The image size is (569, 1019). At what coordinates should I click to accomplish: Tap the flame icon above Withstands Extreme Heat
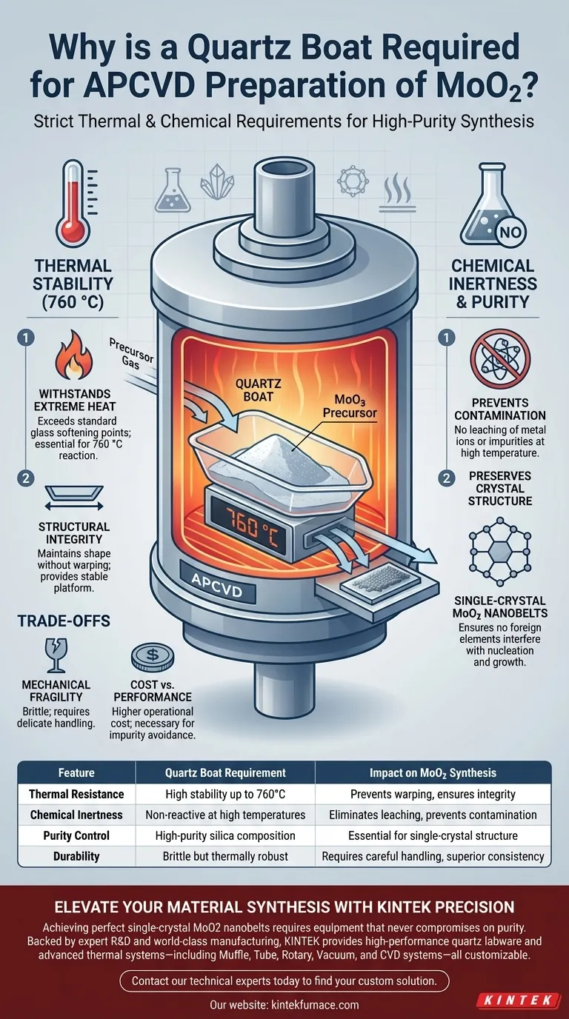click(x=74, y=355)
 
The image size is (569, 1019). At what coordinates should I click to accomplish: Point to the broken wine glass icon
click(x=56, y=655)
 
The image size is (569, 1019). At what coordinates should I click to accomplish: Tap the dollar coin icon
click(x=153, y=656)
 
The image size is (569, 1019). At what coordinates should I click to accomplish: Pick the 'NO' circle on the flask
click(x=510, y=233)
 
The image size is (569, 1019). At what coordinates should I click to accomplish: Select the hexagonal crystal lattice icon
click(x=500, y=552)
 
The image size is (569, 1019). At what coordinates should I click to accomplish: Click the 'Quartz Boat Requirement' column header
click(x=225, y=772)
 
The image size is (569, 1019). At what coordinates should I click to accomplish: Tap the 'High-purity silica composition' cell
click(x=225, y=835)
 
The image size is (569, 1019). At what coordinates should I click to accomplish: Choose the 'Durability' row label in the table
click(x=76, y=856)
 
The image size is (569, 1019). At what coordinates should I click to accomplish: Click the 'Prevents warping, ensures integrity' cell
click(x=433, y=794)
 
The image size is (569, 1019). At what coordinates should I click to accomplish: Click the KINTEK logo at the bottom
click(x=519, y=1000)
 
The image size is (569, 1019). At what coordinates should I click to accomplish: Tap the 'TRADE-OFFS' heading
click(x=64, y=621)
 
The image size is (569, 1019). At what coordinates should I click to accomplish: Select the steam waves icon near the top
click(x=398, y=193)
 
